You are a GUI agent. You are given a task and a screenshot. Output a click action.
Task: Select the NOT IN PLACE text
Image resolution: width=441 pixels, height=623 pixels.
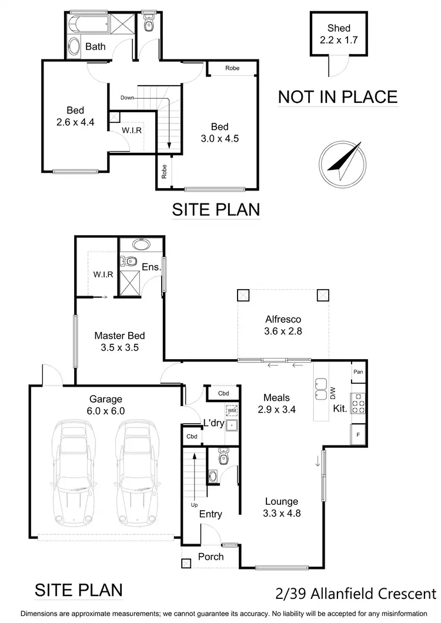click(x=338, y=96)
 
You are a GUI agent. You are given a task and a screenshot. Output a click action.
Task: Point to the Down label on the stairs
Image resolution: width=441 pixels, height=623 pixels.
click(x=127, y=98)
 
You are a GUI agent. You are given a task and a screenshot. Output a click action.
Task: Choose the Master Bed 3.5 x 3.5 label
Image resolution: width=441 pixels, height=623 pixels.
click(x=119, y=341)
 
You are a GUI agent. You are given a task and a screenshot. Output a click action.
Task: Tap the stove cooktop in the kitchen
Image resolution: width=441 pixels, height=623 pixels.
click(x=358, y=403)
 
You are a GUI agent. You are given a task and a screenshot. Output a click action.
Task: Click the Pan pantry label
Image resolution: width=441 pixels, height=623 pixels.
click(x=358, y=372)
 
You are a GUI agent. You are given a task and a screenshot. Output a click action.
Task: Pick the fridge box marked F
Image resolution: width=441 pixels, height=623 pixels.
click(x=358, y=434)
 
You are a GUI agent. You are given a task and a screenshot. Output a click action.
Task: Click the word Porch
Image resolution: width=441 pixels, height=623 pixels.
click(x=211, y=556)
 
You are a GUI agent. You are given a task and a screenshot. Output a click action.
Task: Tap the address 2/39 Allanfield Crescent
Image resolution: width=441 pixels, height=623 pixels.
click(x=356, y=594)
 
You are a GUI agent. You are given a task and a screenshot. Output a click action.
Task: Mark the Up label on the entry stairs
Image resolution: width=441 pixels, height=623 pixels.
click(x=195, y=504)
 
